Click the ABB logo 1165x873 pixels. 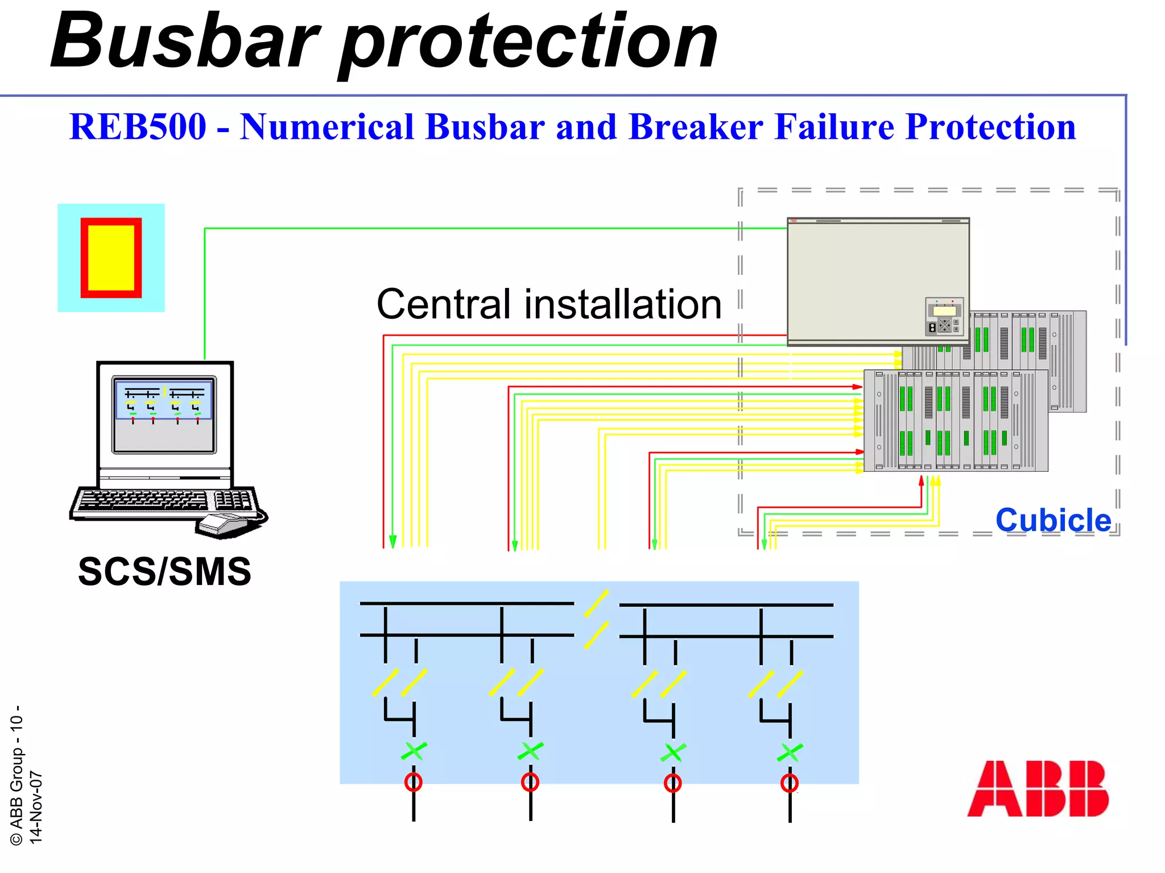[x=1038, y=789]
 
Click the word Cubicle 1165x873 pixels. [x=1053, y=520]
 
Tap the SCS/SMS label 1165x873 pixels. [x=164, y=571]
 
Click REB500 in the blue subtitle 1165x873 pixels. [x=138, y=126]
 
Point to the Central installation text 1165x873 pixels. [x=549, y=304]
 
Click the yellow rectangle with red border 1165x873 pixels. [x=111, y=258]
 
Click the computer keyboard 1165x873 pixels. [x=165, y=501]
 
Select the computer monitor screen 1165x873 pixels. [x=164, y=414]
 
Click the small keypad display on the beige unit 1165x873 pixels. [x=944, y=316]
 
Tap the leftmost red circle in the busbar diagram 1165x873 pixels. [x=414, y=782]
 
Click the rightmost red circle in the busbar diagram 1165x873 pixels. [x=790, y=783]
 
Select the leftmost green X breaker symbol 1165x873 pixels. [x=414, y=751]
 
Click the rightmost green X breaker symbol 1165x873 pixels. [x=790, y=752]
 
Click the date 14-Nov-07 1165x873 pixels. [x=36, y=807]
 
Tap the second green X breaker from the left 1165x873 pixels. [x=530, y=751]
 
